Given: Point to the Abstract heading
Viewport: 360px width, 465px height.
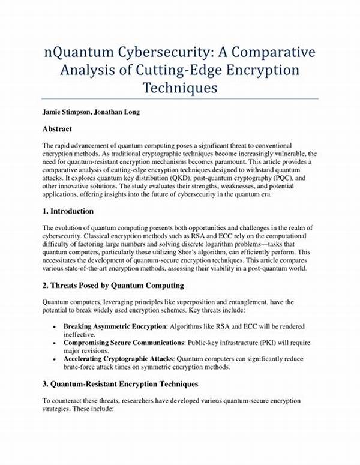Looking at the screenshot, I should pos(58,128).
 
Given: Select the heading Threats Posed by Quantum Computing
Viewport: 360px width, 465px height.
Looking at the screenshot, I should pos(119,284).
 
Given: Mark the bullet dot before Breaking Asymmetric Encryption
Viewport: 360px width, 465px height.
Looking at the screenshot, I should pos(55,326).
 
